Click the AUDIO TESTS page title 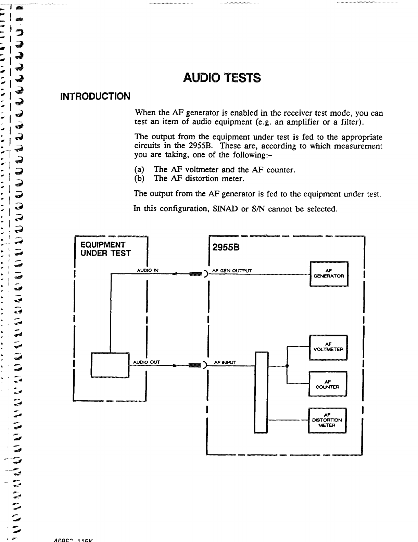tap(222, 78)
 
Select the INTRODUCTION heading tap(95, 96)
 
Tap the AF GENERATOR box tap(329, 274)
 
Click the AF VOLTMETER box tap(328, 347)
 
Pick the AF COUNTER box tap(328, 384)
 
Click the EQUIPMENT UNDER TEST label tap(105, 249)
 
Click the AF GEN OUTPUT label tap(232, 271)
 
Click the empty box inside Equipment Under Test tap(110, 365)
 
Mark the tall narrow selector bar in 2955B tap(262, 392)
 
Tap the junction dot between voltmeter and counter tap(287, 366)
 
